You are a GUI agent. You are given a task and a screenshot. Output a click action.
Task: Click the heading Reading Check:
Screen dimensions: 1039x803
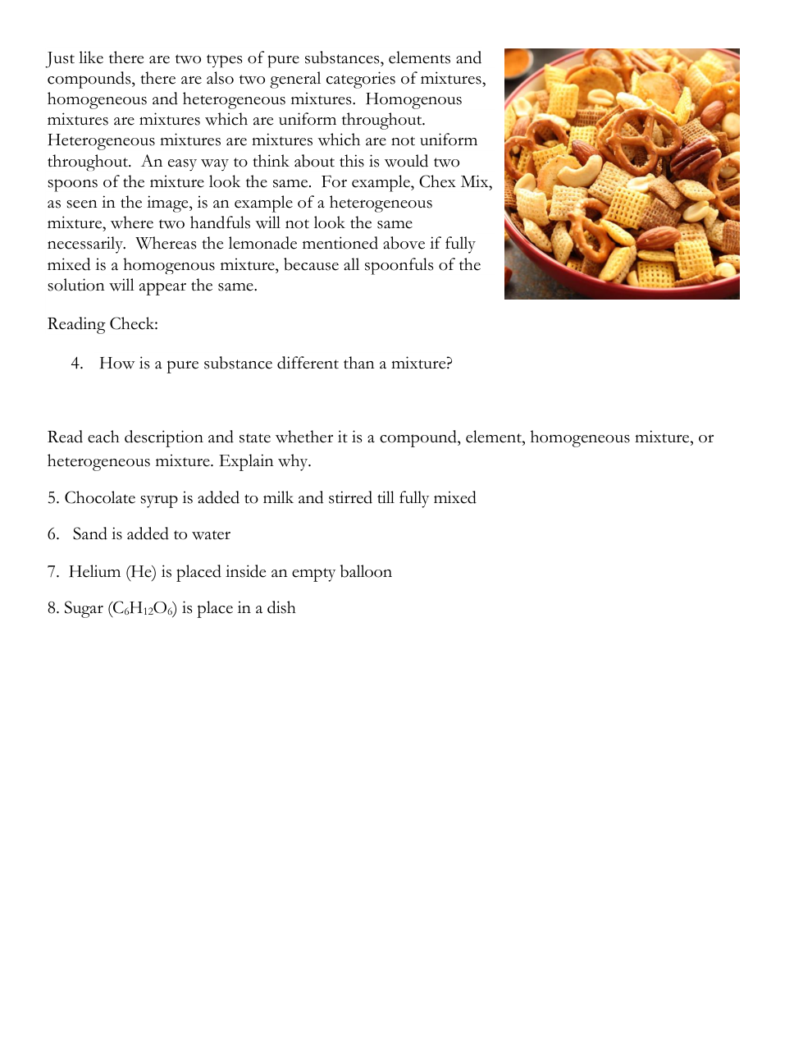103,324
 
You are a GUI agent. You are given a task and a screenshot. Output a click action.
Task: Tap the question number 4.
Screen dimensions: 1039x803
76,364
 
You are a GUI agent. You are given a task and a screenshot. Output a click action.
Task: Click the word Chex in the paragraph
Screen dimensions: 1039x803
438,182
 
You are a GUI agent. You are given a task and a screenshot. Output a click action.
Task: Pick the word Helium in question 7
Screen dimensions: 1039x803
94,572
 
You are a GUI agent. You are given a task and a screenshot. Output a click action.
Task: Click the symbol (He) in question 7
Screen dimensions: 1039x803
141,572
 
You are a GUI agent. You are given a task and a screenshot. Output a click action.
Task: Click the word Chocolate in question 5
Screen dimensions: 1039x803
99,498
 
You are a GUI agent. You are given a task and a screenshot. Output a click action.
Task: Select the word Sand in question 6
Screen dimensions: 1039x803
89,534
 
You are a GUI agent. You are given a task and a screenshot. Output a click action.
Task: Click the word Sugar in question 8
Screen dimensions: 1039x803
83,609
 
